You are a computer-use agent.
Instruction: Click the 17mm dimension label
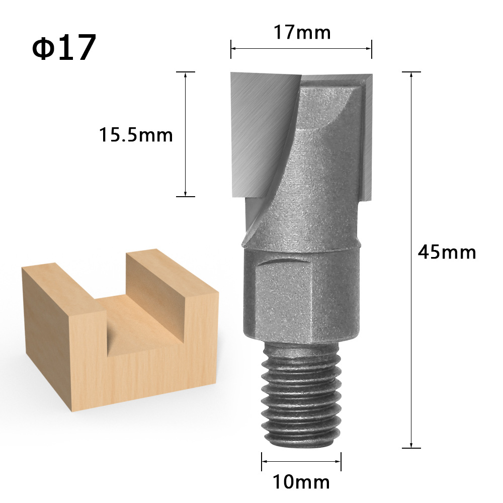coord(302,33)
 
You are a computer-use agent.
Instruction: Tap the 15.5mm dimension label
coord(135,135)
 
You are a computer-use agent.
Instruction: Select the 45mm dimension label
coord(447,251)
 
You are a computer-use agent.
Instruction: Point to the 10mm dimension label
coord(301,482)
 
